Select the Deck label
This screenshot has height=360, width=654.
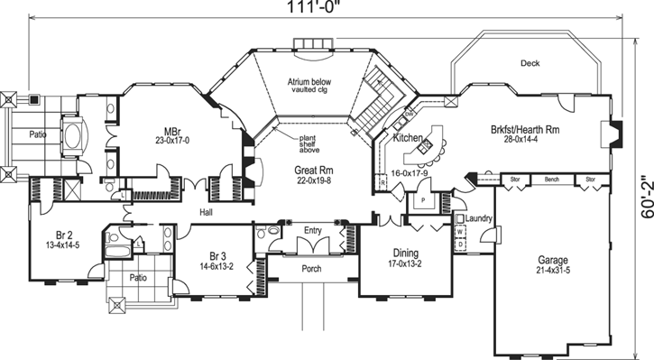pos(530,63)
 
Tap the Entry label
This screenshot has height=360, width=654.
pos(313,230)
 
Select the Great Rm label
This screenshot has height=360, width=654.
pos(314,170)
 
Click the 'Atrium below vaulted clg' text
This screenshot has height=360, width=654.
pos(309,86)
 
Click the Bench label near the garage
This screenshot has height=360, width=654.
pos(552,180)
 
